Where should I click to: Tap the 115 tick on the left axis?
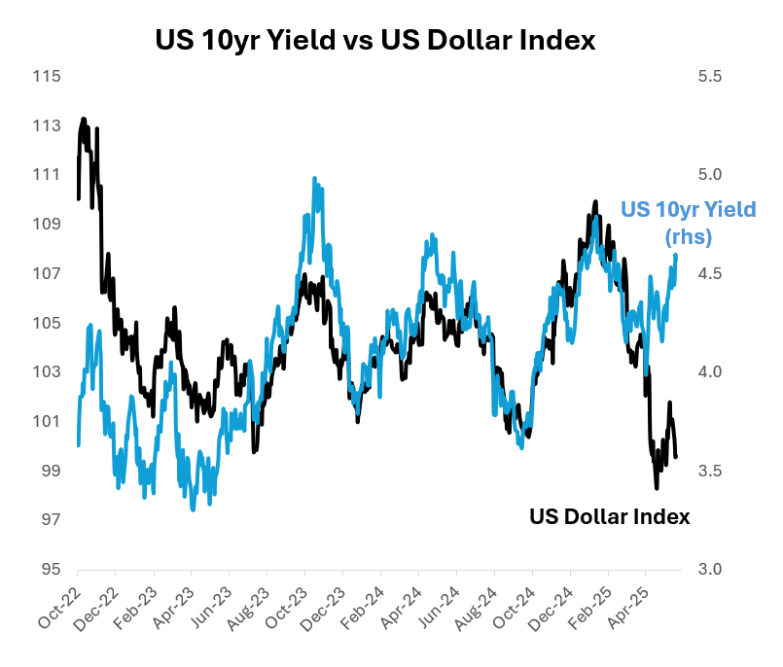click(46, 77)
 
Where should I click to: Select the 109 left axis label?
click(46, 225)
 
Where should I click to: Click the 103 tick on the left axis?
click(46, 372)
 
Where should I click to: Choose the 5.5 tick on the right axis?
click(711, 77)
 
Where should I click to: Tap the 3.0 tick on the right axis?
click(711, 570)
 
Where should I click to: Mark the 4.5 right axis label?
click(711, 274)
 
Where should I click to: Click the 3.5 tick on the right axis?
click(711, 471)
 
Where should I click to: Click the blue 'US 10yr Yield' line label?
click(688, 210)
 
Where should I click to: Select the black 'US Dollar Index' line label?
click(609, 517)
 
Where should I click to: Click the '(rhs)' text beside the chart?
click(689, 236)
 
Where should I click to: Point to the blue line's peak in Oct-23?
click(314, 179)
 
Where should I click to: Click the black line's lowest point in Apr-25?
click(657, 487)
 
